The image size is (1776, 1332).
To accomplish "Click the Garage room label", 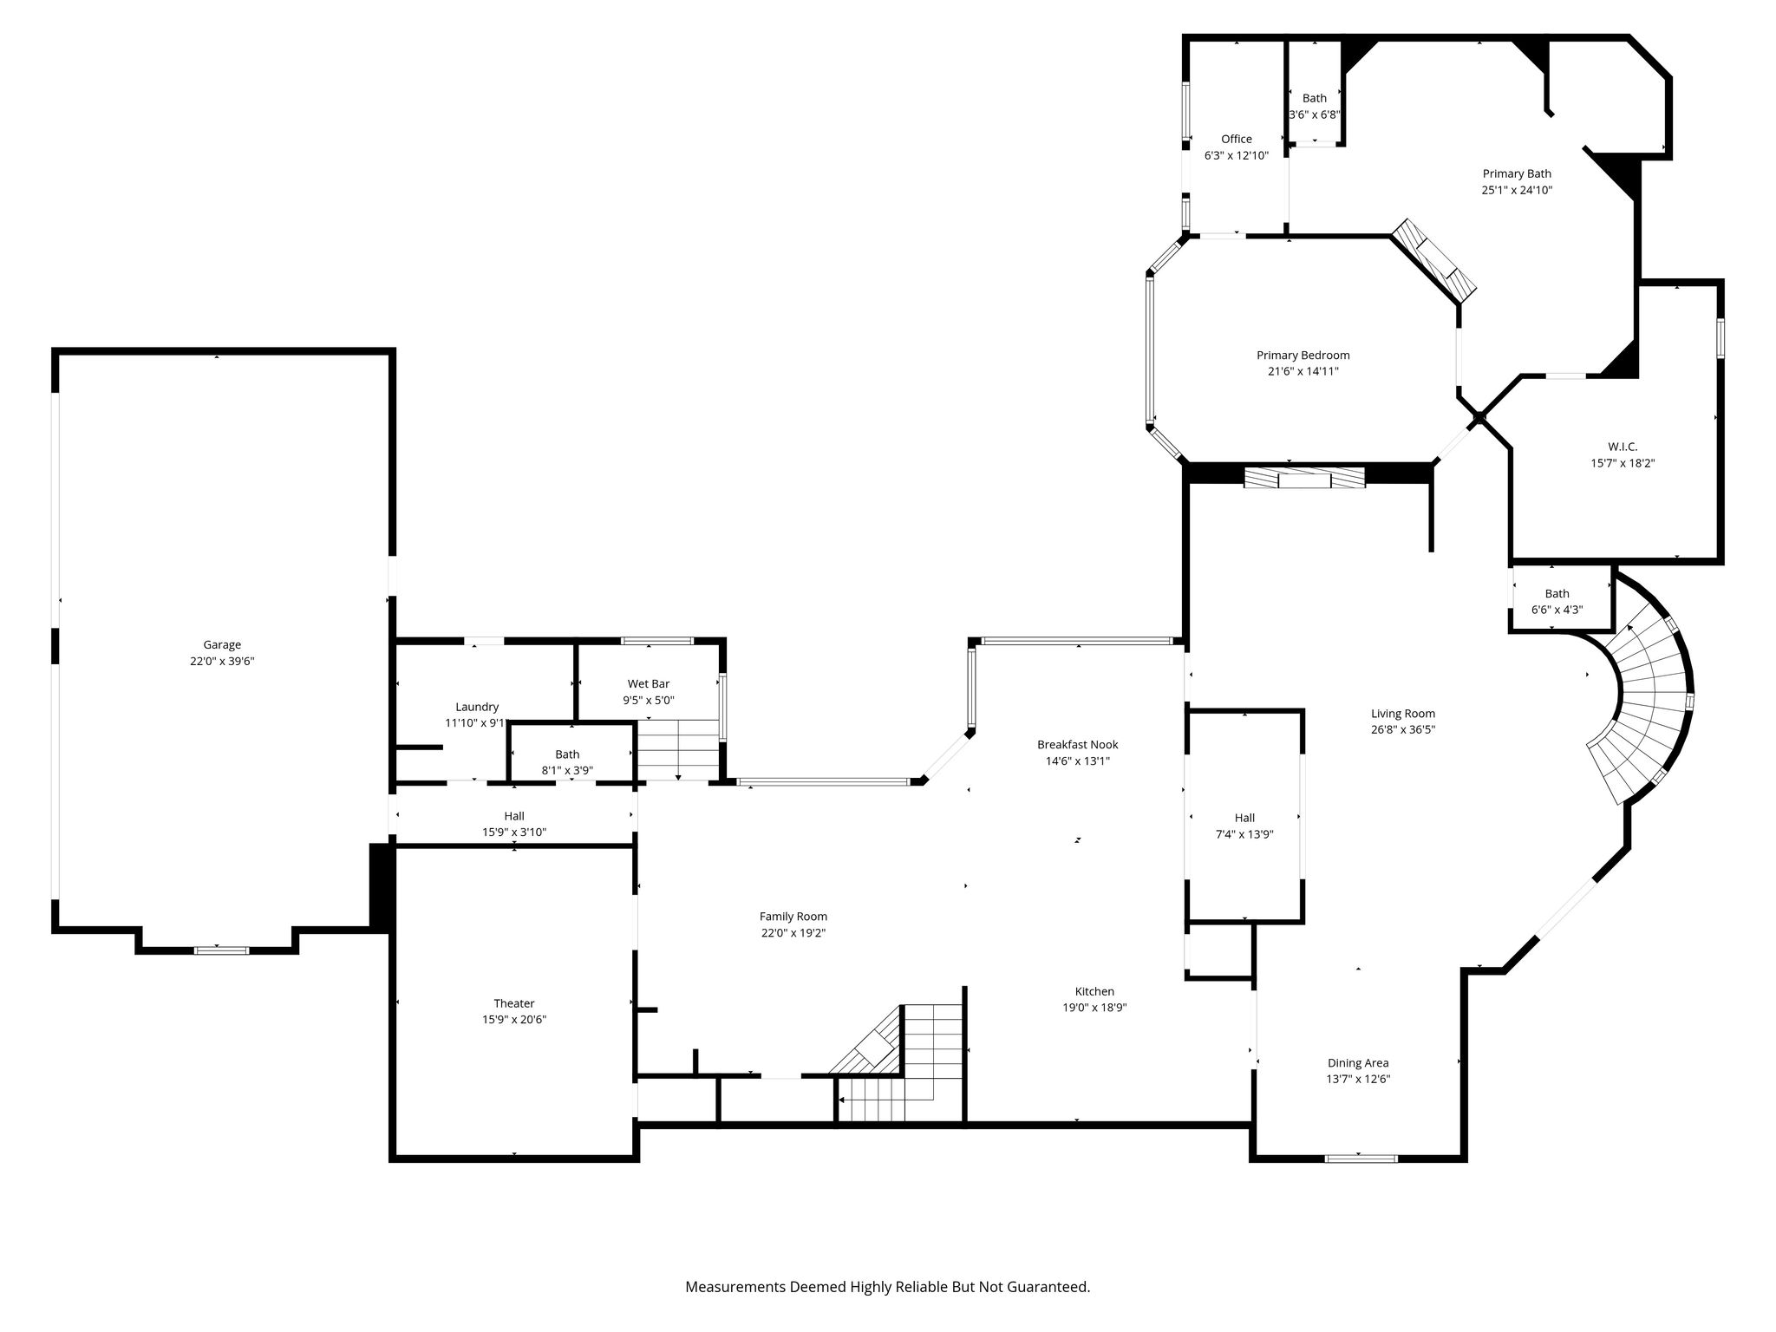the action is pos(222,644).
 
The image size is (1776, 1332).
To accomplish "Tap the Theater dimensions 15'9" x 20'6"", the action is pos(514,1020).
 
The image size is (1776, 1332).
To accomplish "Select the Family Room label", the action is pos(793,917).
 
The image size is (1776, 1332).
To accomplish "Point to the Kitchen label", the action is pos(1094,991).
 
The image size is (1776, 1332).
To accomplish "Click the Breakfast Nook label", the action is pos(1078,744).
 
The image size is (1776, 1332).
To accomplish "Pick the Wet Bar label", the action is pos(649,684).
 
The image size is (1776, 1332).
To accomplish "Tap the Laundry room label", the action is pos(477,707).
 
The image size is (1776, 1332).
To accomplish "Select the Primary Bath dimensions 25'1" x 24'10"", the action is pos(1517,190).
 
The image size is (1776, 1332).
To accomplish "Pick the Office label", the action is pos(1237,139).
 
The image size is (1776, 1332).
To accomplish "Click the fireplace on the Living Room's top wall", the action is pos(1304,477).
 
